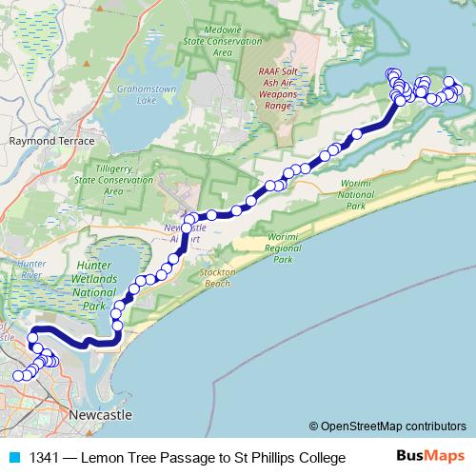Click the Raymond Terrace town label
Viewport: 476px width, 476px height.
[52, 140]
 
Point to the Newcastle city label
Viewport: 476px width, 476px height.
[100, 416]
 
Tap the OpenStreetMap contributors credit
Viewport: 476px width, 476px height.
[387, 426]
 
